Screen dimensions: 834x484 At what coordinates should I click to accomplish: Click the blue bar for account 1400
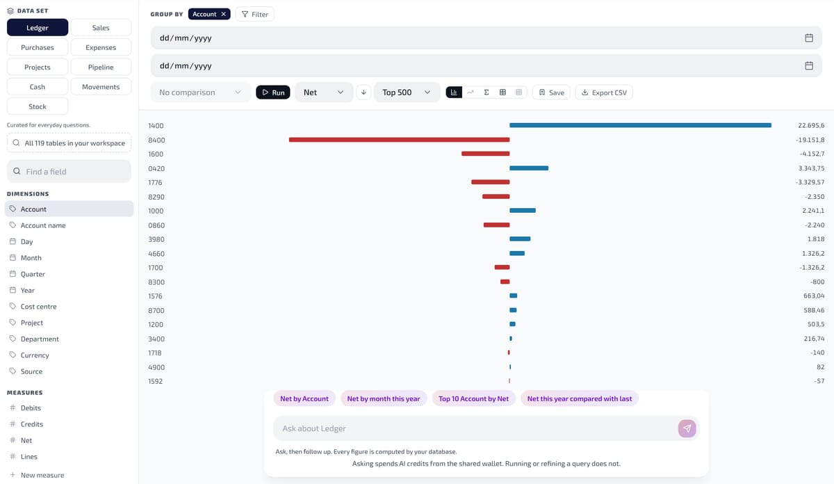click(x=640, y=125)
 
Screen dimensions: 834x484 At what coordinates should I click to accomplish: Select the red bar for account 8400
click(x=399, y=140)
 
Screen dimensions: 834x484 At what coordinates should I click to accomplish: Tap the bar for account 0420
click(x=529, y=168)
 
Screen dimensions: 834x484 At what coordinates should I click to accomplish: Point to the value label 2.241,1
click(x=813, y=211)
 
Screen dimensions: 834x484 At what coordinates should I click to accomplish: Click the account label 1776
click(x=155, y=183)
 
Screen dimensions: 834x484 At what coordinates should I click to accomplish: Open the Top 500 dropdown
click(x=407, y=92)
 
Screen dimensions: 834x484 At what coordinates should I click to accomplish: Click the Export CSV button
click(x=604, y=92)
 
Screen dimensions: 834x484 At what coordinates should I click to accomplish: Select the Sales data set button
click(x=101, y=28)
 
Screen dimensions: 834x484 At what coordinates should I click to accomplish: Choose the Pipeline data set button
click(x=101, y=67)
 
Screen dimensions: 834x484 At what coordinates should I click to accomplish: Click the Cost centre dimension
click(x=39, y=306)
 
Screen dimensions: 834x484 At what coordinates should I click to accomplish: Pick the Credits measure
click(x=32, y=424)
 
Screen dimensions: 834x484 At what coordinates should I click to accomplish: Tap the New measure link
click(x=42, y=475)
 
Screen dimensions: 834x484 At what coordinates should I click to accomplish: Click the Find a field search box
click(x=69, y=171)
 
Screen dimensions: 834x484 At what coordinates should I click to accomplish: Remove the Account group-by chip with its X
click(x=223, y=14)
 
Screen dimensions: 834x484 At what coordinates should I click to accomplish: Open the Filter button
click(x=254, y=14)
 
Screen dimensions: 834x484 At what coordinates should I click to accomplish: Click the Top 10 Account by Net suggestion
click(x=473, y=398)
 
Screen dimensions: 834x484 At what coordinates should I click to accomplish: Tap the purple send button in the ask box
click(x=687, y=428)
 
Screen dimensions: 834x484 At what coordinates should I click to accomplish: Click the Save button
click(x=551, y=92)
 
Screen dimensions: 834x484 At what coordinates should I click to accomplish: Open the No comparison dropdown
click(x=200, y=92)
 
